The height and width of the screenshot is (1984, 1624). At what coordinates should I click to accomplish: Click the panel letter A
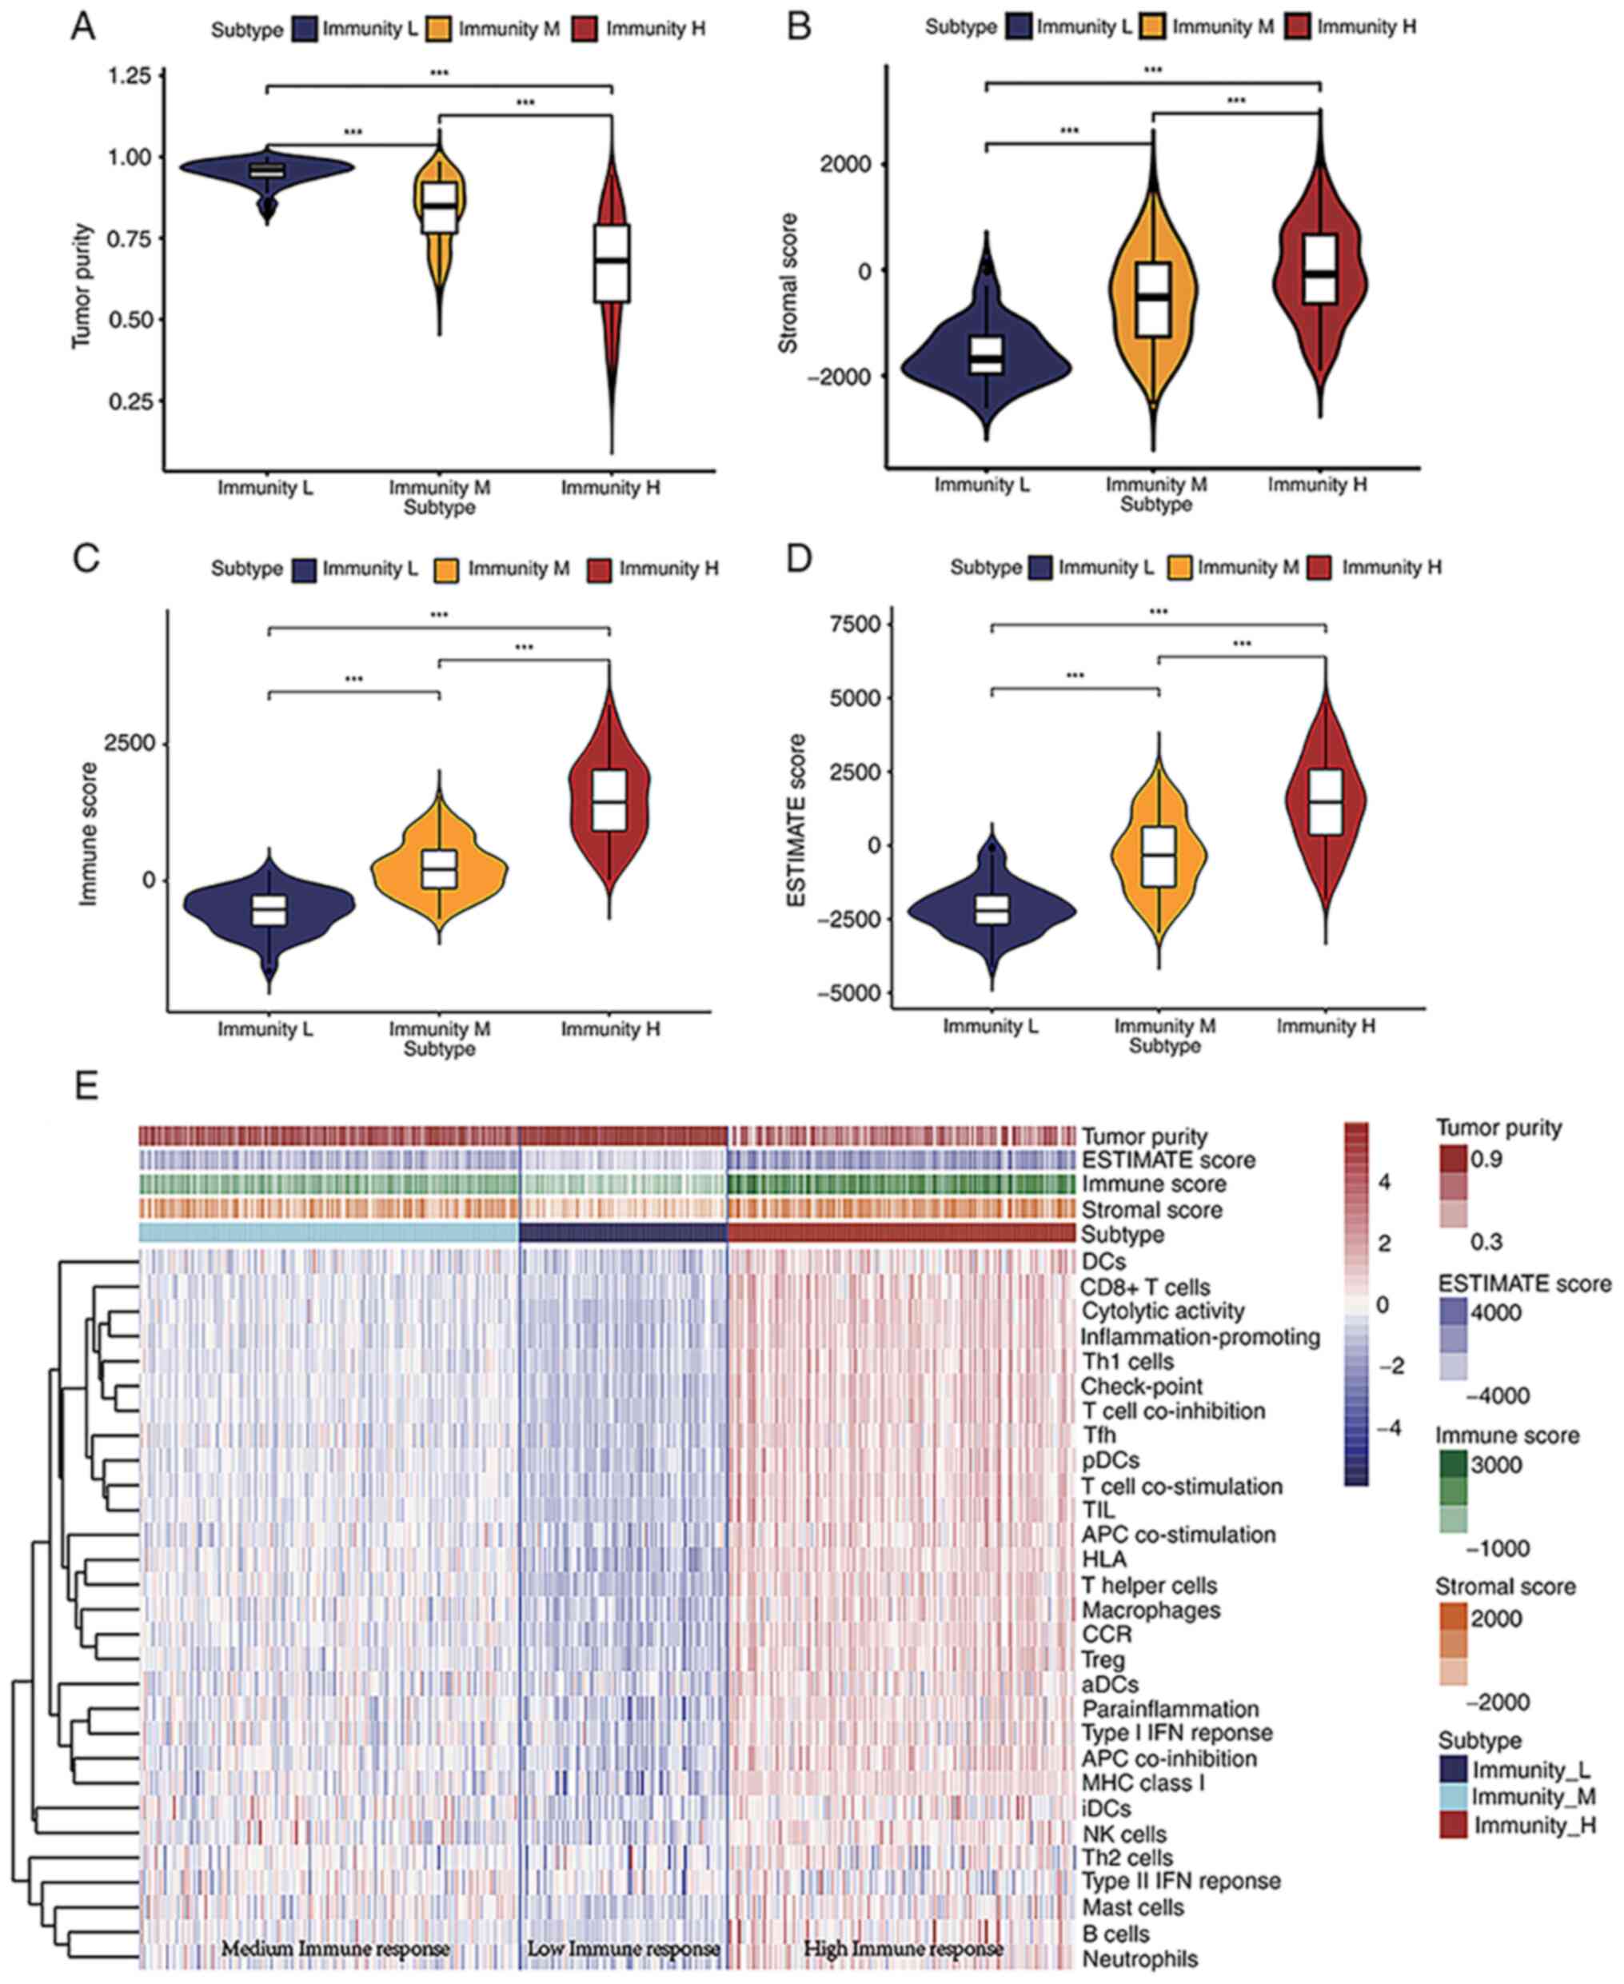tap(83, 28)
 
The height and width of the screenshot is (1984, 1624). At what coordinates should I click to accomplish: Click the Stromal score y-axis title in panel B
tap(788, 283)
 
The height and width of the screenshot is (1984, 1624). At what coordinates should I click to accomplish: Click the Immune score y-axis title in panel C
tap(88, 832)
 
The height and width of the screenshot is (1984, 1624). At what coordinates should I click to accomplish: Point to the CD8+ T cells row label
tap(1145, 1288)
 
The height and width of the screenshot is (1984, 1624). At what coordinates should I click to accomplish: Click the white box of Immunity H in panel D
tap(1326, 801)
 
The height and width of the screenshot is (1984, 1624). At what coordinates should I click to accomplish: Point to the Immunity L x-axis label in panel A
tap(265, 487)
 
